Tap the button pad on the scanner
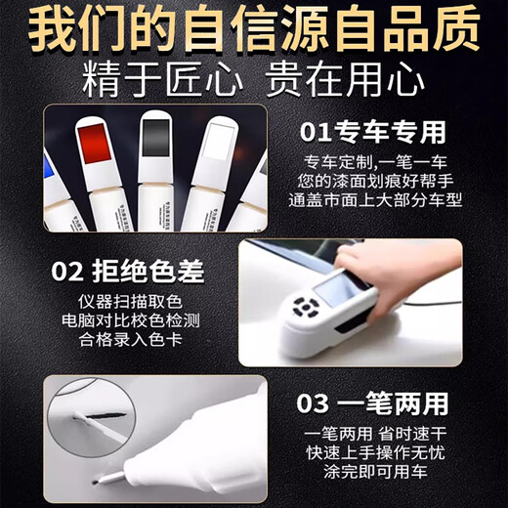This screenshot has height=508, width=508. (x=308, y=311)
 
